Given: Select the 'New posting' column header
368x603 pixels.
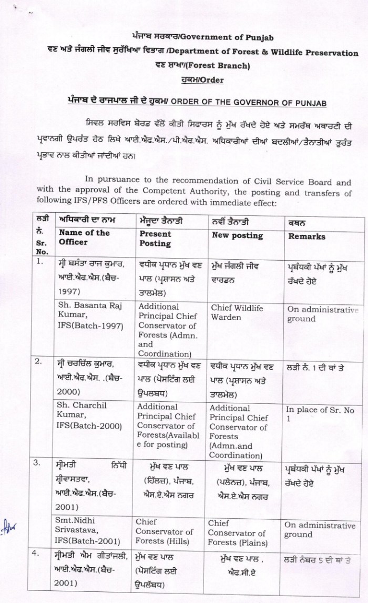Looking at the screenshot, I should (x=237, y=235).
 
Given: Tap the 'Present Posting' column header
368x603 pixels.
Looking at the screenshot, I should (x=156, y=239).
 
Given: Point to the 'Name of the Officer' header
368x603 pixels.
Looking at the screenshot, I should (x=84, y=237).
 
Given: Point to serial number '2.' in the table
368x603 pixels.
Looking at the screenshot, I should (x=40, y=362).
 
